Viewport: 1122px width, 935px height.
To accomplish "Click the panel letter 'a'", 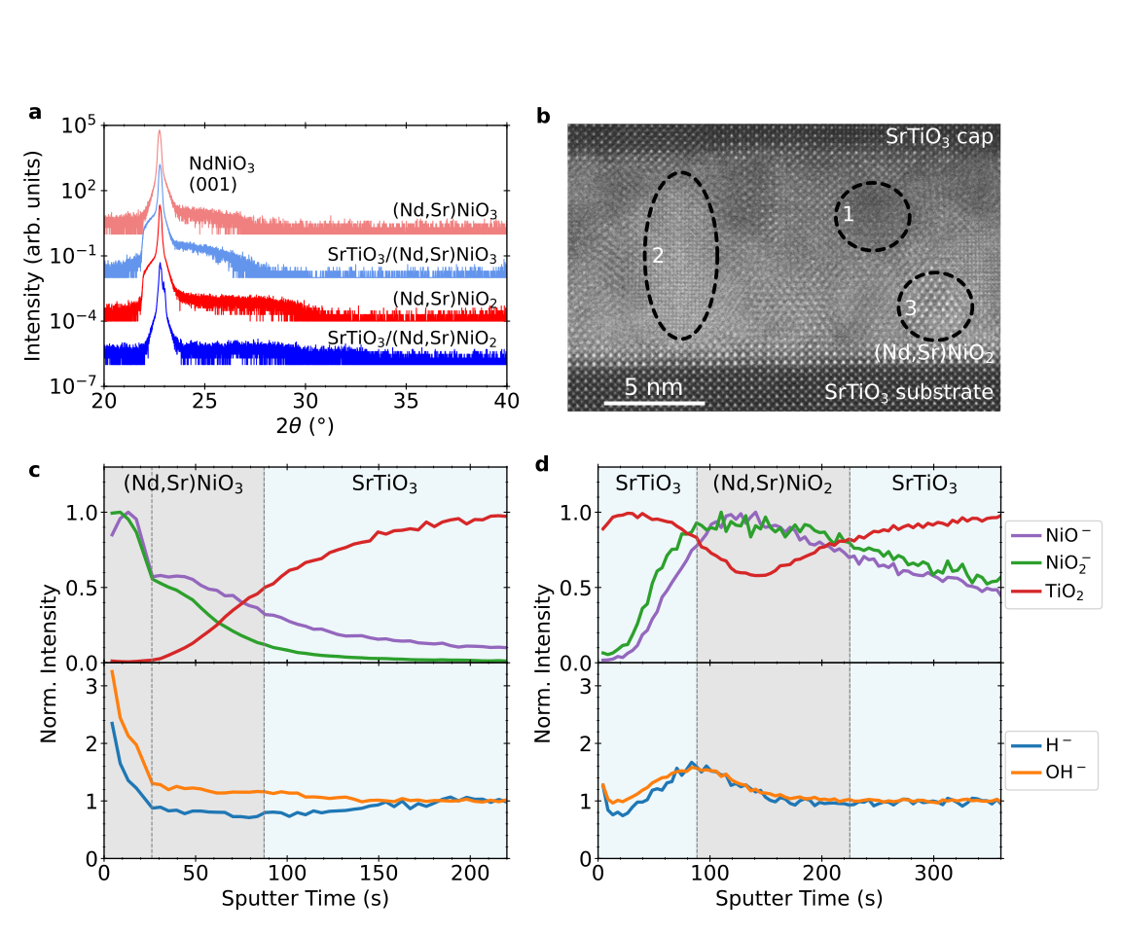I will tap(35, 113).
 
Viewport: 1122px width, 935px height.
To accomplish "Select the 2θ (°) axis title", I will tap(305, 426).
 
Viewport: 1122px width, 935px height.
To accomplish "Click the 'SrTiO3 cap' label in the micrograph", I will tap(938, 137).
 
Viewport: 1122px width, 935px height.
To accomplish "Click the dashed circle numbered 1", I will tap(872, 217).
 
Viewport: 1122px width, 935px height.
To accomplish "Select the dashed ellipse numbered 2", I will tap(683, 256).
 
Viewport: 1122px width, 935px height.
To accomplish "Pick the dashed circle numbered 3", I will tap(935, 306).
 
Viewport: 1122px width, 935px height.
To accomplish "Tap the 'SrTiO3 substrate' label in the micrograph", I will tap(908, 393).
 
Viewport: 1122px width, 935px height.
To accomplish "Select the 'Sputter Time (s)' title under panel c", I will tap(305, 898).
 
